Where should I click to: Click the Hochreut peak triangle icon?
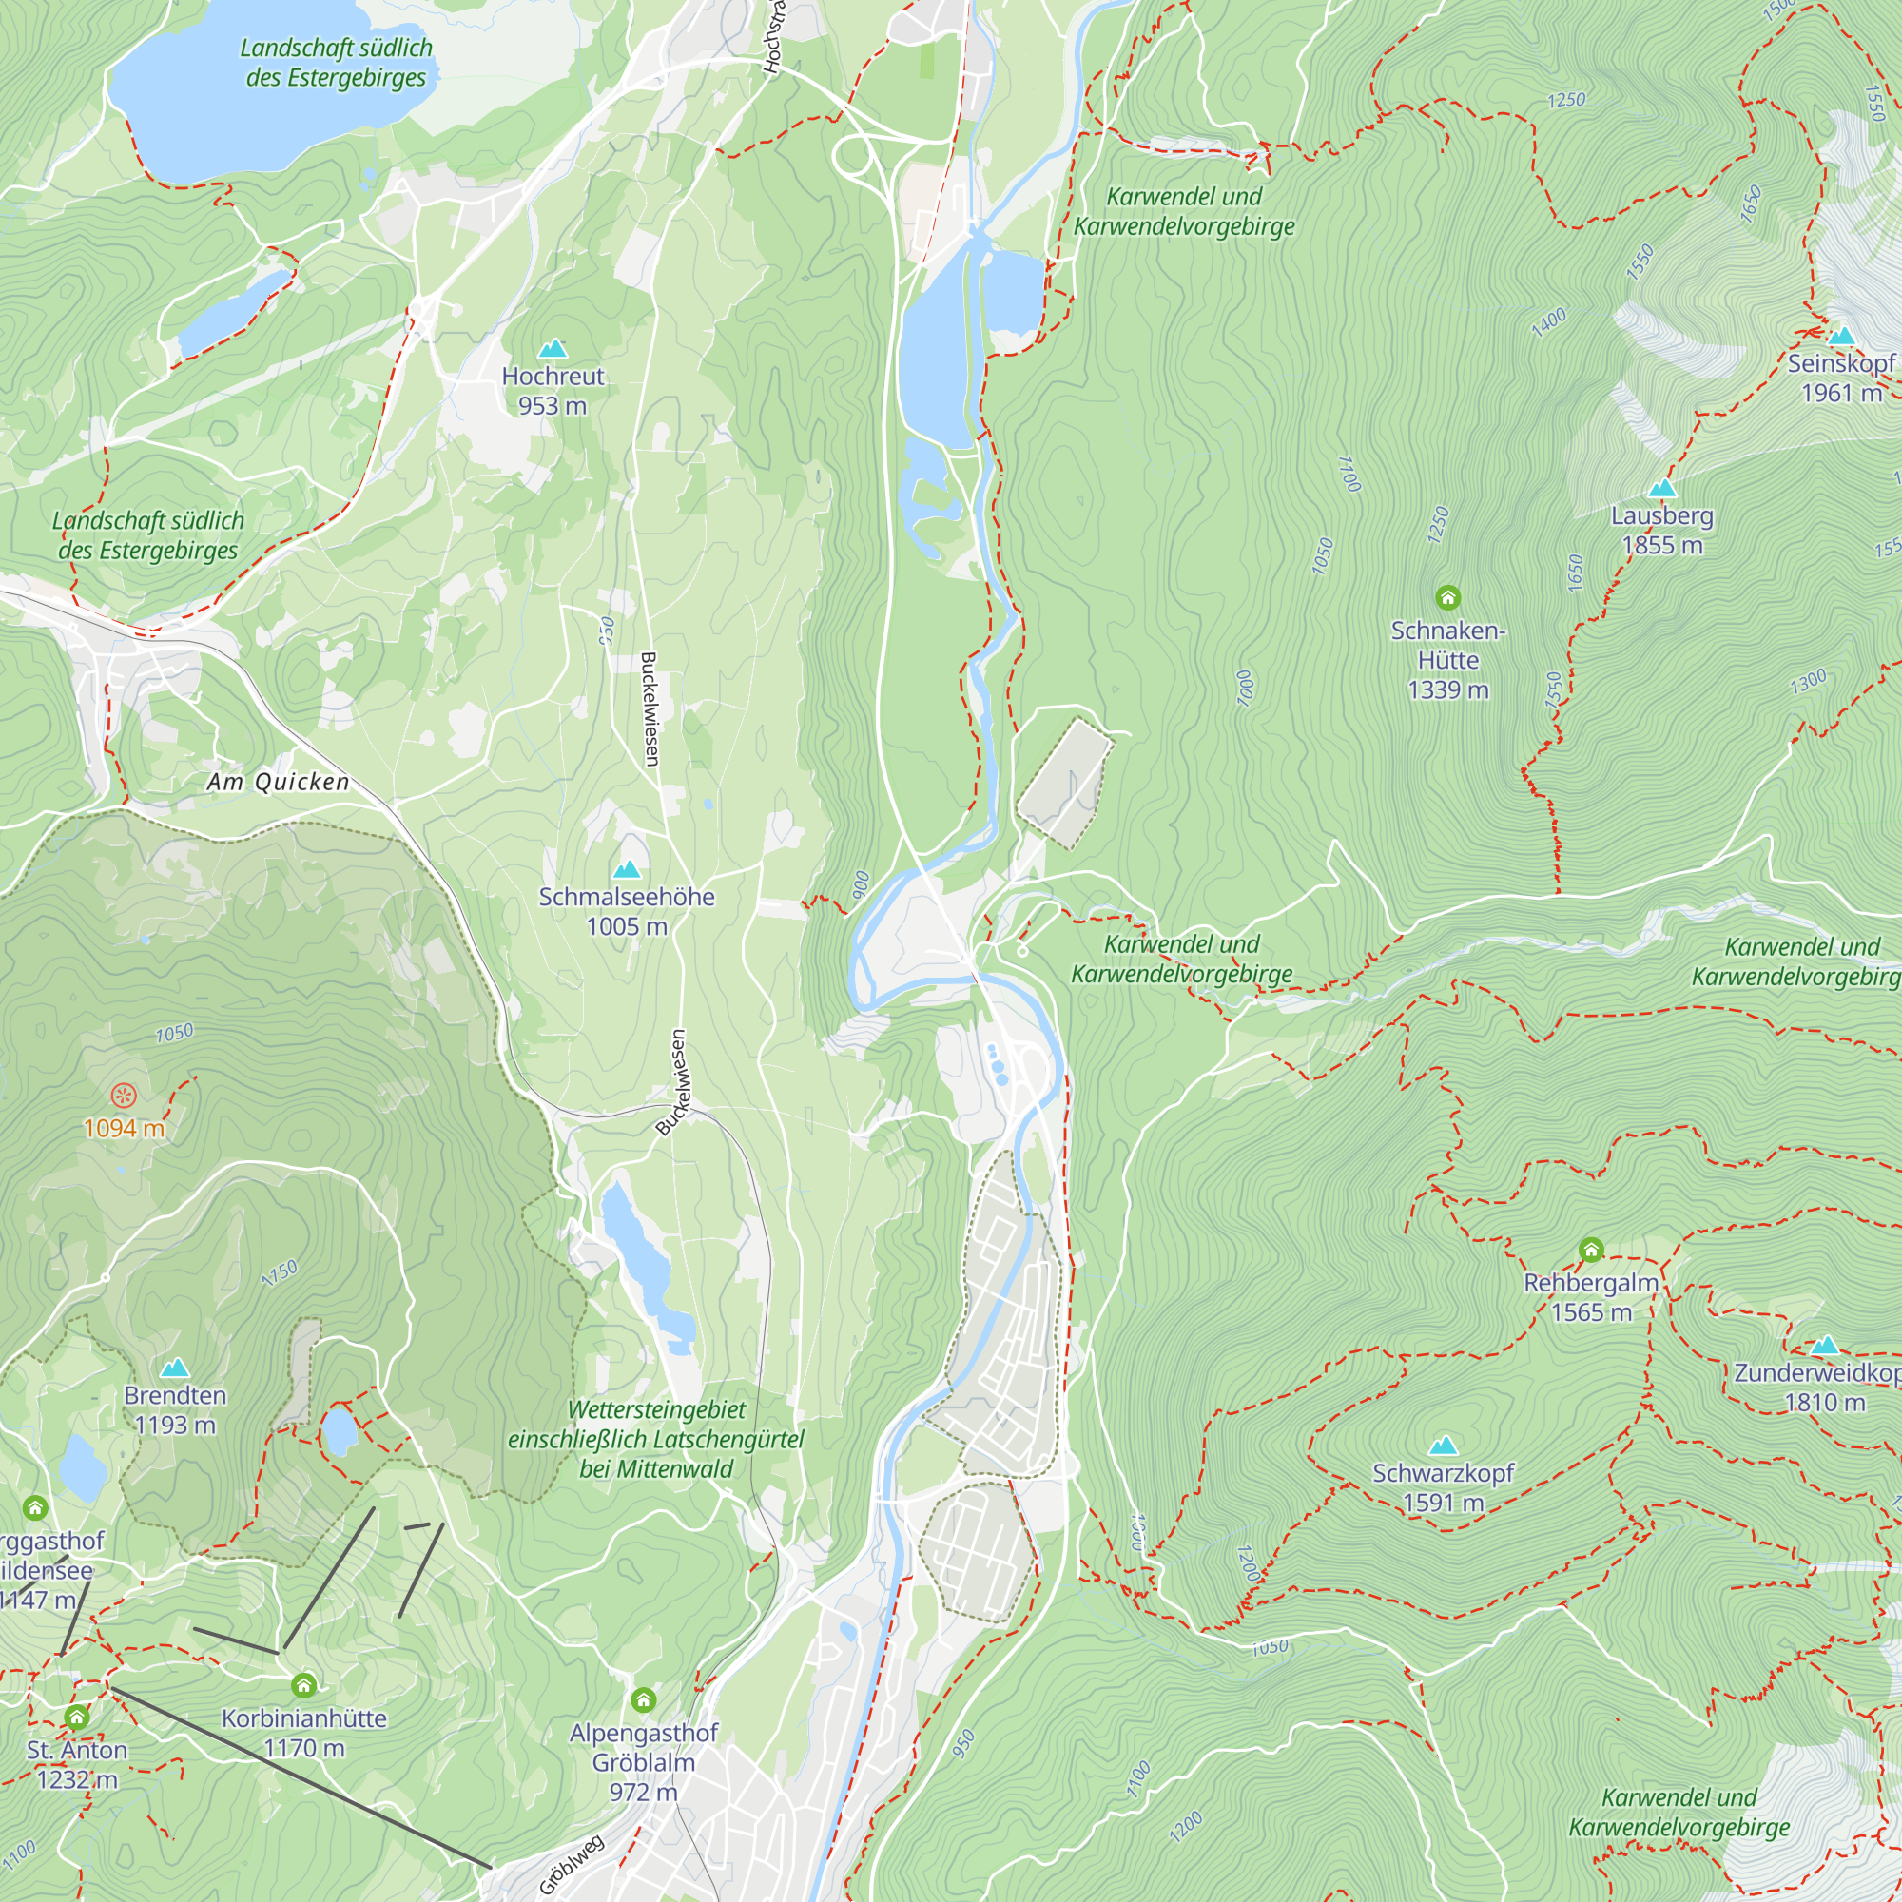click(x=553, y=348)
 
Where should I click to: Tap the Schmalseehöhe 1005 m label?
click(x=627, y=911)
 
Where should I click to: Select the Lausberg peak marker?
click(x=1661, y=488)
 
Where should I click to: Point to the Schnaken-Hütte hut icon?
click(x=1447, y=596)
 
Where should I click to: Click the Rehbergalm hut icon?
click(x=1591, y=1251)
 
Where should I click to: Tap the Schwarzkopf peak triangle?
click(x=1444, y=1446)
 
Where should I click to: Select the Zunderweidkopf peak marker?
click(x=1824, y=1345)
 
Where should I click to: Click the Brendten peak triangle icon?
click(x=175, y=1368)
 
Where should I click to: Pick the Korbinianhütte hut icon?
click(x=304, y=1685)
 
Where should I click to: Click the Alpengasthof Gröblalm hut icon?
click(x=644, y=1699)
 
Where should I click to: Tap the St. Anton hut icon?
click(x=77, y=1718)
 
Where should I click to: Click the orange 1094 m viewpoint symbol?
click(x=123, y=1095)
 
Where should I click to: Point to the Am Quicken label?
click(x=279, y=782)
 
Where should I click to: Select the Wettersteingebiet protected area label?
click(x=655, y=1439)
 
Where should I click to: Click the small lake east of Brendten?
click(x=340, y=1430)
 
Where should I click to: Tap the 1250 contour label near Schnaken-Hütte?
click(x=1438, y=524)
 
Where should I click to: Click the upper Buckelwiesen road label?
click(x=650, y=708)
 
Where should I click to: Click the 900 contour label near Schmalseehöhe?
click(x=861, y=884)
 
